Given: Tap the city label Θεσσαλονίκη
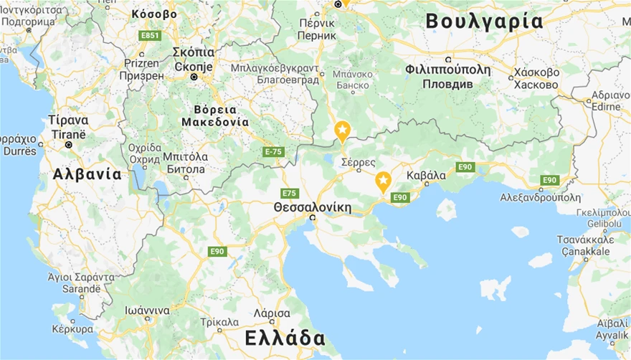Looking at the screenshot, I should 313,207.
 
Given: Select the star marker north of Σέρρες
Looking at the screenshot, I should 343,131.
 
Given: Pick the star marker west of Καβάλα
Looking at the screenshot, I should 384,180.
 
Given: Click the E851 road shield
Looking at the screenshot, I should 151,34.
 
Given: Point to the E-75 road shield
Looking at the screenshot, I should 273,151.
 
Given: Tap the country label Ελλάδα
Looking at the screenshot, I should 284,338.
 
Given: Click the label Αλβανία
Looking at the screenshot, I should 87,174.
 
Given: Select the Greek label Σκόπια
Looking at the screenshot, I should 194,52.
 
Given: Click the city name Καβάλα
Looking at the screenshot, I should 426,175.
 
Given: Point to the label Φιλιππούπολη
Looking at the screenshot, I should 447,70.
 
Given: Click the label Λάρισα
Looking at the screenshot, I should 272,314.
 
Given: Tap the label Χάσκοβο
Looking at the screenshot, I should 536,72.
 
